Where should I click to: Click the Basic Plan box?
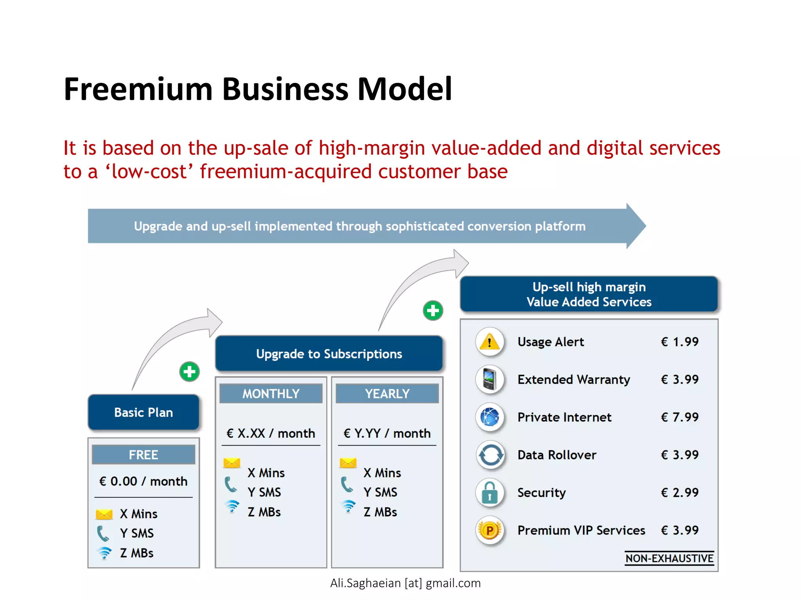click(x=144, y=412)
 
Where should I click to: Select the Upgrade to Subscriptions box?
click(x=329, y=354)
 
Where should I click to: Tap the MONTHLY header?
click(x=271, y=394)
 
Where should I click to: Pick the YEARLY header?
click(x=387, y=394)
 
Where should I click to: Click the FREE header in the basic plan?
click(x=144, y=455)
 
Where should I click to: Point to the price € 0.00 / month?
click(x=144, y=481)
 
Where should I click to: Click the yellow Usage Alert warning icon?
click(x=490, y=342)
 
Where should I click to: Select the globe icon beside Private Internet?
click(x=490, y=417)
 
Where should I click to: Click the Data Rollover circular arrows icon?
click(x=490, y=455)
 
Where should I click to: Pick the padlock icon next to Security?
click(x=490, y=493)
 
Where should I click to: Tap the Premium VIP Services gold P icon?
click(x=490, y=530)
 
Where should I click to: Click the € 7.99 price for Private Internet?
click(x=680, y=417)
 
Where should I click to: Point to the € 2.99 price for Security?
click(x=680, y=493)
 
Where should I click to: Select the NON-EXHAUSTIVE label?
click(x=669, y=558)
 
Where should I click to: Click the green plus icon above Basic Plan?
click(x=190, y=372)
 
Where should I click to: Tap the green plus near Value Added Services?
click(x=433, y=311)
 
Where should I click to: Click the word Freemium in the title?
click(x=138, y=89)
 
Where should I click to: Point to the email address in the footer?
click(x=405, y=583)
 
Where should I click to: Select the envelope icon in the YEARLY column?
click(x=348, y=463)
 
